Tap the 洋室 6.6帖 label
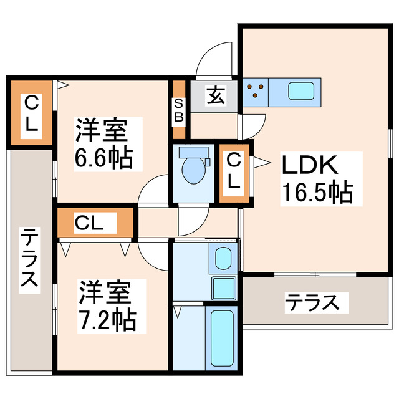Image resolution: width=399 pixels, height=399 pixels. coord(103,144)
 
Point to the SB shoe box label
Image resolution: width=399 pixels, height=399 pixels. coord(178,110)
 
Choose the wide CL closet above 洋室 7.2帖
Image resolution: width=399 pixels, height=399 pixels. coord(96,221)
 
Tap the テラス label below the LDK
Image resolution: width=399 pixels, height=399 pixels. coord(312,303)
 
